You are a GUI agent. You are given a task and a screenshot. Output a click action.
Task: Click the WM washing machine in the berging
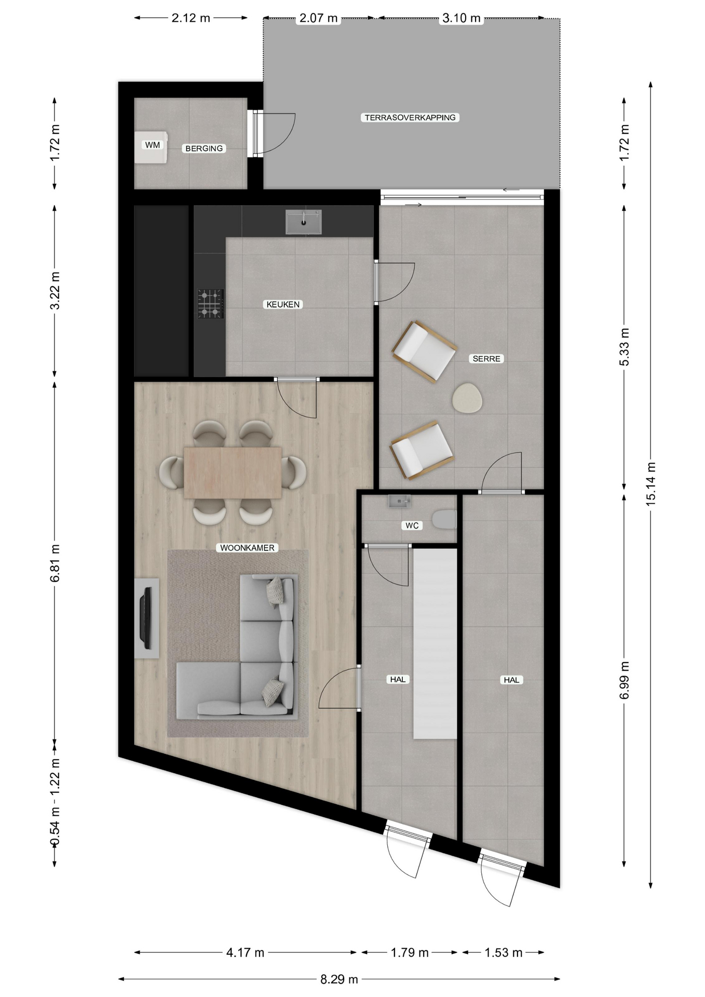(151, 147)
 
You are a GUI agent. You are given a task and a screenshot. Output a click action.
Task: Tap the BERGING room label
(204, 149)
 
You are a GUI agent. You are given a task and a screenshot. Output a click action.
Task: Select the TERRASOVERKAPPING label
(410, 117)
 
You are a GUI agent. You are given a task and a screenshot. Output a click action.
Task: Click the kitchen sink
(304, 222)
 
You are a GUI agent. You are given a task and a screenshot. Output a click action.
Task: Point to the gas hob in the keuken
(210, 304)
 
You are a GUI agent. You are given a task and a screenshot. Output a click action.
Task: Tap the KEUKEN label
(283, 304)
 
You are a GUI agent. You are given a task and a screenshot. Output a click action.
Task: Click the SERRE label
(486, 358)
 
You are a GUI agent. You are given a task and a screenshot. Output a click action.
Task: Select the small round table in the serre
(467, 398)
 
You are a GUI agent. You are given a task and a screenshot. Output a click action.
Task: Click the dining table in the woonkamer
(233, 473)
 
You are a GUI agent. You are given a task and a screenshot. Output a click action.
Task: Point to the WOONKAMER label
(248, 547)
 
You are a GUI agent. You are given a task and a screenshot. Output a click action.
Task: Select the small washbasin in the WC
(399, 501)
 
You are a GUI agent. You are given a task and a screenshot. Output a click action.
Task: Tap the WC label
(412, 526)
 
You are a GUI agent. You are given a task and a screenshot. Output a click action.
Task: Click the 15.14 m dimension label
(651, 483)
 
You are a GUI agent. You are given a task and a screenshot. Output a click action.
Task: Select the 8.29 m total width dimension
(339, 979)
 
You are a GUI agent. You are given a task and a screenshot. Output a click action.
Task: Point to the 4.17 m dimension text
(245, 952)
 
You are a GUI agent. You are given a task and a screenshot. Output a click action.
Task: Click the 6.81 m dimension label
(55, 563)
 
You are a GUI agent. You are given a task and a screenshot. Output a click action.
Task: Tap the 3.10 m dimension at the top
(461, 18)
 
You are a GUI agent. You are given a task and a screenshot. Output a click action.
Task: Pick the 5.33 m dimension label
(625, 347)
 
